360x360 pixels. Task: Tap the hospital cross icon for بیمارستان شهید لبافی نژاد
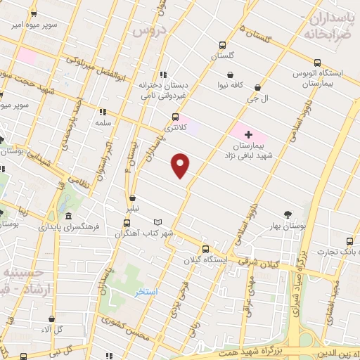[x=247, y=133]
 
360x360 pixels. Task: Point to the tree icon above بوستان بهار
[x=288, y=214]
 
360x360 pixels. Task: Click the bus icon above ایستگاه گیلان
[x=205, y=248]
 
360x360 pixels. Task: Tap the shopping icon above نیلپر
[x=134, y=198]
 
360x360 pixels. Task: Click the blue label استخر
[x=147, y=291]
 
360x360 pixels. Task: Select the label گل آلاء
[x=52, y=329]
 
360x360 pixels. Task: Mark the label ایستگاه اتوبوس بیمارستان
[x=326, y=78]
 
